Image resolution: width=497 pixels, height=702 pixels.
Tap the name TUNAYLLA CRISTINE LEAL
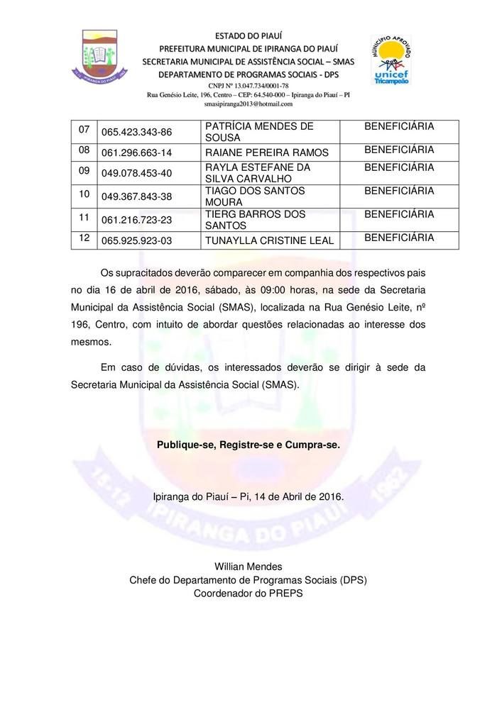pos(269,241)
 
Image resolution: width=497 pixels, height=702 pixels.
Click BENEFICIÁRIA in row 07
pos(398,126)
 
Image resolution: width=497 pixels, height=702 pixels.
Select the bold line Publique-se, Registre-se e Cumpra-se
pos(248,445)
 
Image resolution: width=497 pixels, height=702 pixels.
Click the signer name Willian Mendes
pos(248,567)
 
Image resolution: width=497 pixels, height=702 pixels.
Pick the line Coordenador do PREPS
pos(248,593)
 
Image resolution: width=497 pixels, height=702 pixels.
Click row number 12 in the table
pos(84,238)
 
